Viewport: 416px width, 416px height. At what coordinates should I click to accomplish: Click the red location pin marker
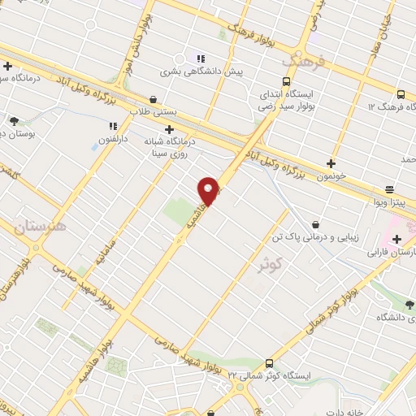pyautogui.click(x=209, y=190)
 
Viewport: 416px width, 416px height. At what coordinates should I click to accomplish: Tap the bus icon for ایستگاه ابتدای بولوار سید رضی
pyautogui.click(x=286, y=81)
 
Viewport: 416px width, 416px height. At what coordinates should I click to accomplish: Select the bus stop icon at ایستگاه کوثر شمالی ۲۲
pyautogui.click(x=269, y=363)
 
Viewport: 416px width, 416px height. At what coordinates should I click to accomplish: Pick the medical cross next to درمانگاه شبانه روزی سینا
pyautogui.click(x=169, y=128)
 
